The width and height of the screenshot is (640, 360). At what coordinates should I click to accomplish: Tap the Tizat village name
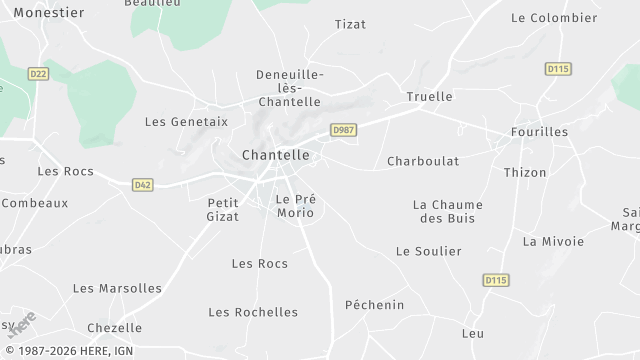pos(350,24)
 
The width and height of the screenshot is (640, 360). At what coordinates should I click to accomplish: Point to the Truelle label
pos(429,97)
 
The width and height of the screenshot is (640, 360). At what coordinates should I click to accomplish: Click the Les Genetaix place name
pos(186,122)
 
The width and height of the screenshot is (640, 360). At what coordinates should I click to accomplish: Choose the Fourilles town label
pos(539,132)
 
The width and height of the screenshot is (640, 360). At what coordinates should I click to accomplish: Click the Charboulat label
pos(423,161)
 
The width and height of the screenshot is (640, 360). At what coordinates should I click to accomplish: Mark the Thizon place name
pos(525,173)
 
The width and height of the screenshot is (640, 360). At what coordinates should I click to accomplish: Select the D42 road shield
pos(143,185)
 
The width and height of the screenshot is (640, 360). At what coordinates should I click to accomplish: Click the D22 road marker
pos(38,74)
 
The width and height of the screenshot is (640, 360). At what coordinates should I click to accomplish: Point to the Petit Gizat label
pos(223,209)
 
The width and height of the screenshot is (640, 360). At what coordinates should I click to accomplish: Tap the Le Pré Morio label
pos(295,206)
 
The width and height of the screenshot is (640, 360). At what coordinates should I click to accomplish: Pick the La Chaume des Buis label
pos(448,211)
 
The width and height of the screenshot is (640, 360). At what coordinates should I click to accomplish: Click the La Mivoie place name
pos(553,242)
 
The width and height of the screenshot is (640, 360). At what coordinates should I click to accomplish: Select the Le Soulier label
pos(429,252)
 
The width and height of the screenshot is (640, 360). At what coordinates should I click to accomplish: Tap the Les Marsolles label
pos(117,289)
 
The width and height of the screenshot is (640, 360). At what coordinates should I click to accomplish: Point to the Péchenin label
pos(374,305)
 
